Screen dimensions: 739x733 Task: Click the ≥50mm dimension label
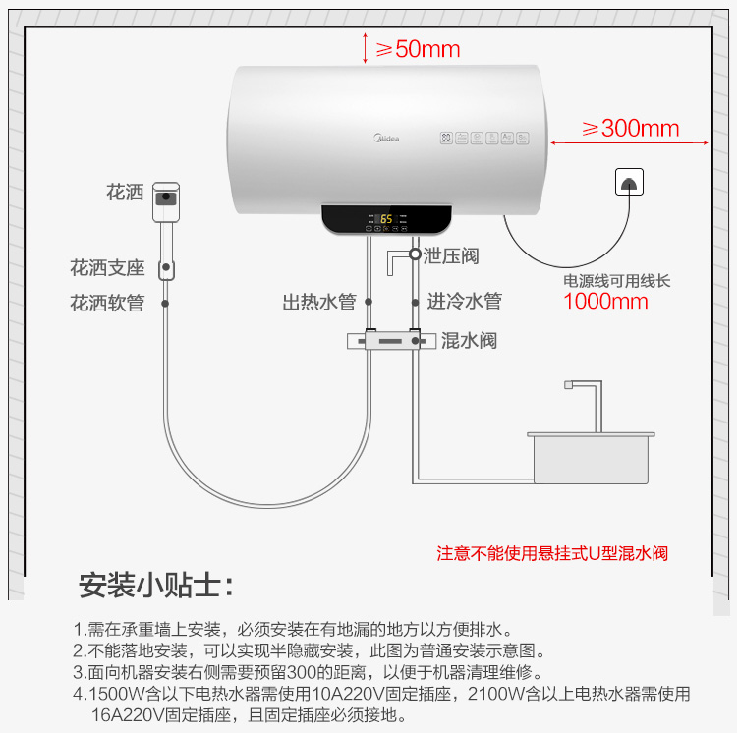click(x=418, y=49)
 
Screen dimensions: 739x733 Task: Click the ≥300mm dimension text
click(x=631, y=128)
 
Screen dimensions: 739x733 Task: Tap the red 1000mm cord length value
click(x=605, y=302)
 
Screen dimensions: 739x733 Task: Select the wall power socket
click(x=629, y=182)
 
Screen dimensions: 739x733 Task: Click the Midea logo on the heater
click(x=386, y=138)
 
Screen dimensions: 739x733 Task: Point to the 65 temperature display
click(x=386, y=219)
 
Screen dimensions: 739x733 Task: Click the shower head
click(x=166, y=201)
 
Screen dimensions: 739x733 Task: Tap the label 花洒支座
click(x=107, y=267)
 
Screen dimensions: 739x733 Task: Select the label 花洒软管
click(x=107, y=303)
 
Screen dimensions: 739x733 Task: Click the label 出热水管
click(x=319, y=302)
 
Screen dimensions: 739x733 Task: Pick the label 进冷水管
click(x=464, y=301)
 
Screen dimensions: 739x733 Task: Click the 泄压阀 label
click(x=450, y=256)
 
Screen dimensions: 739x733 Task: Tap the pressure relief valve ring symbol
click(x=415, y=254)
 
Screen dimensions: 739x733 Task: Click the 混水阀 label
click(x=469, y=340)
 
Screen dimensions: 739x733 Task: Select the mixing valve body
click(x=392, y=340)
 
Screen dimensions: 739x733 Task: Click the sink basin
click(x=591, y=458)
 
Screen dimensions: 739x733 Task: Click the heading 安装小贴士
click(x=156, y=586)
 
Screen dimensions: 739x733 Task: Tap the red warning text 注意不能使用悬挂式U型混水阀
click(x=552, y=553)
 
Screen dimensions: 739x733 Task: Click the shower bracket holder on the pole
click(x=166, y=269)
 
